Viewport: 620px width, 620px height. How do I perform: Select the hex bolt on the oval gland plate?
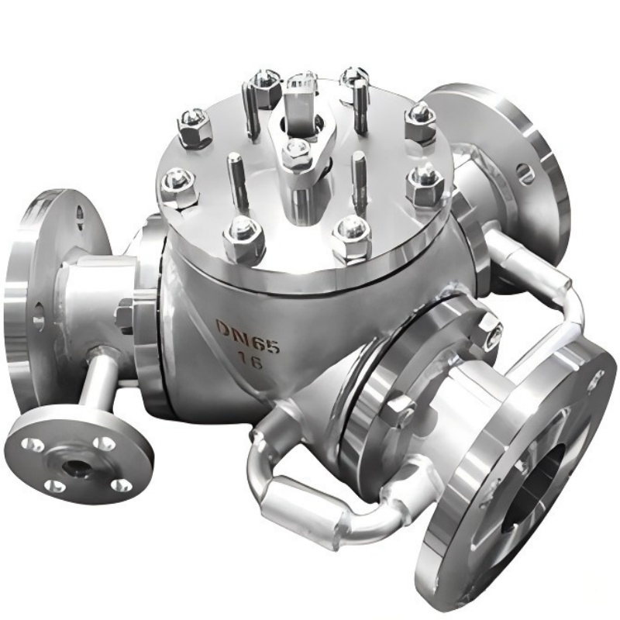click(295, 152)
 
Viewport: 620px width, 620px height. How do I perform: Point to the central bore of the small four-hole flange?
click(75, 467)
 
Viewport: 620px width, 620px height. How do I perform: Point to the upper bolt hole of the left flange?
click(80, 209)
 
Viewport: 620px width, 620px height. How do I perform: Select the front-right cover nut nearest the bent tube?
click(426, 184)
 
